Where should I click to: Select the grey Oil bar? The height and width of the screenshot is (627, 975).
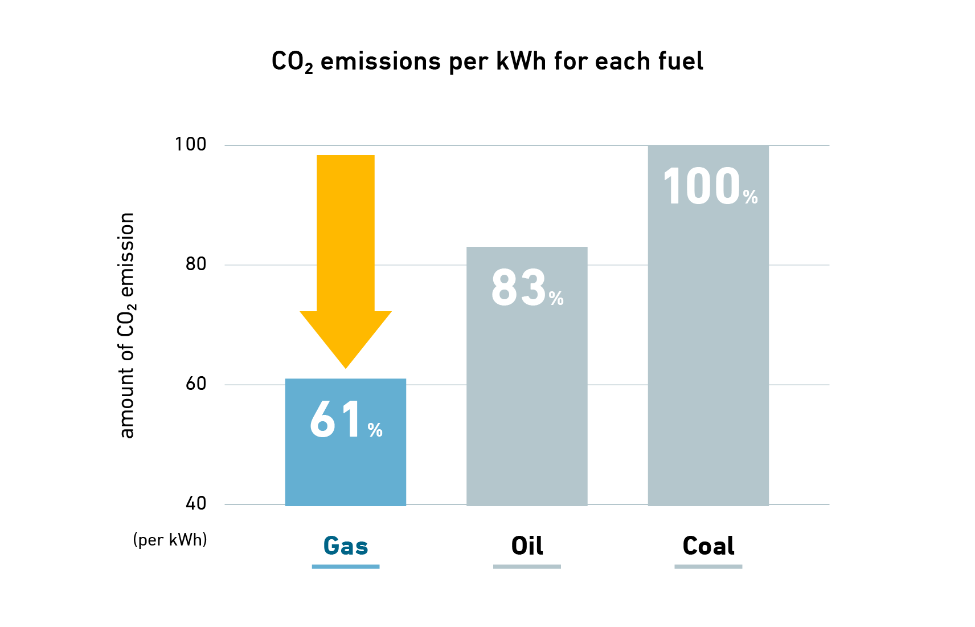[527, 399]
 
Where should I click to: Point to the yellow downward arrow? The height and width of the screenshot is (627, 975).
[346, 256]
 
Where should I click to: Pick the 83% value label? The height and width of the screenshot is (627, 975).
[527, 288]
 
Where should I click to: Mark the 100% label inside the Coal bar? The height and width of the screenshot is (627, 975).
[710, 187]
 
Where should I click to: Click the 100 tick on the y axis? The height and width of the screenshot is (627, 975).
[190, 144]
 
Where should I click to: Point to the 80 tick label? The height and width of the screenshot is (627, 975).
[195, 264]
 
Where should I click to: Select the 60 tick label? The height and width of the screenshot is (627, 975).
[195, 384]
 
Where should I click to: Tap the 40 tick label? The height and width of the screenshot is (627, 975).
[195, 503]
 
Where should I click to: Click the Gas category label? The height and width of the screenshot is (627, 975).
[346, 546]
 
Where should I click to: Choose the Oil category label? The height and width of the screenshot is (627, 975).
[527, 546]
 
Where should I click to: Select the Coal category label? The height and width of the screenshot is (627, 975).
[708, 546]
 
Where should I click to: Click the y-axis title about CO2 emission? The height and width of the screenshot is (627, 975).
[126, 325]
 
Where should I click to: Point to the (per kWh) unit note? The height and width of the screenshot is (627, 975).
[170, 539]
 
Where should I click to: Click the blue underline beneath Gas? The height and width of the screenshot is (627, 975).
[346, 567]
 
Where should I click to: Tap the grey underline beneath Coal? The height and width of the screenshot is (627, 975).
[708, 567]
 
